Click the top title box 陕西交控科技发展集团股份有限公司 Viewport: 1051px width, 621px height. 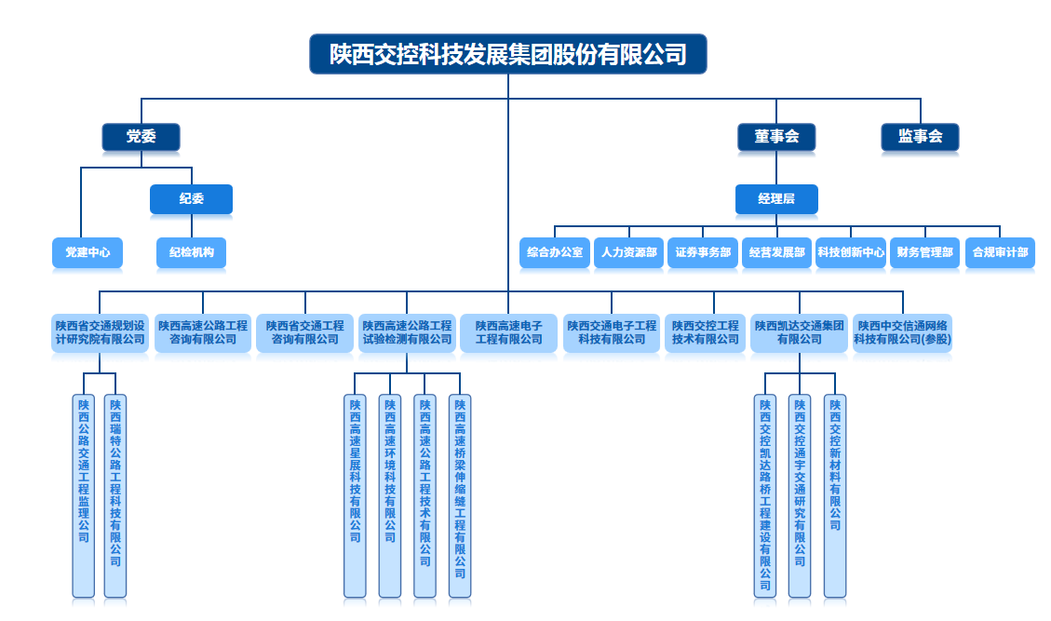[508, 54]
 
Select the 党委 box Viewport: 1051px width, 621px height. [141, 137]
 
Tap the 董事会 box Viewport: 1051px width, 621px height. [776, 137]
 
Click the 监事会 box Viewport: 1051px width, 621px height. [920, 137]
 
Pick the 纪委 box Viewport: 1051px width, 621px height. [191, 199]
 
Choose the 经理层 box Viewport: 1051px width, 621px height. [776, 199]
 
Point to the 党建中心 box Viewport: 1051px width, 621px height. [88, 253]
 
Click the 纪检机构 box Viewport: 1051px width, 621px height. [191, 253]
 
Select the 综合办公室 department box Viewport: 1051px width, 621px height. [554, 253]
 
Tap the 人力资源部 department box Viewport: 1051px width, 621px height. [628, 253]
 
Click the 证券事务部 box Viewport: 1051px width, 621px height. [703, 253]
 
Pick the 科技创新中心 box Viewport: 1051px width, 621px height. [851, 253]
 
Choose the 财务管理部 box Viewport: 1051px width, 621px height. [925, 253]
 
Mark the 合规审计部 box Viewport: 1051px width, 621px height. [1000, 253]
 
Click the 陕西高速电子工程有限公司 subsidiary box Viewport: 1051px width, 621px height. [508, 333]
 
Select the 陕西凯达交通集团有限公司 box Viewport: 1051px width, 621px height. [799, 333]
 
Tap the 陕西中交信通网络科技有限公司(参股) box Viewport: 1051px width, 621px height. [902, 333]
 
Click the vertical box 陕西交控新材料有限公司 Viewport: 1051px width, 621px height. [834, 495]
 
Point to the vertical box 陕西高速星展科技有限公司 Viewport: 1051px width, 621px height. [355, 495]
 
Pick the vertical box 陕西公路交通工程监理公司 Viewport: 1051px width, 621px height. [83, 495]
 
